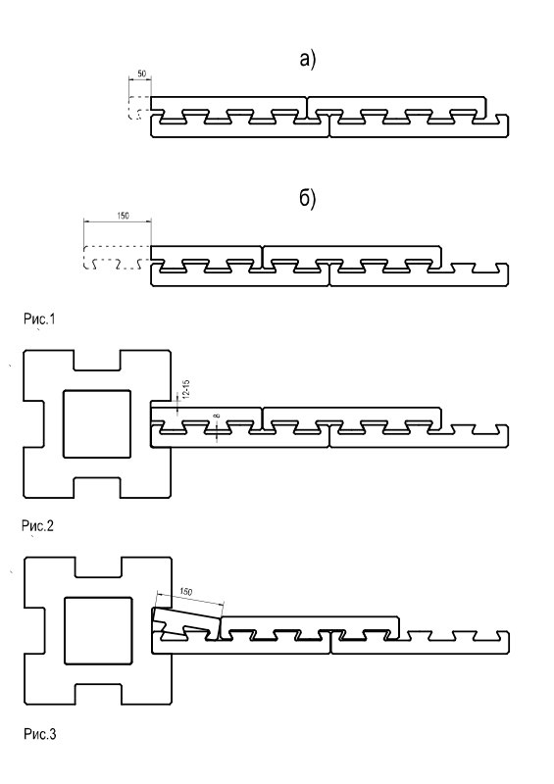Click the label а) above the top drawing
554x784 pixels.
pyautogui.click(x=308, y=60)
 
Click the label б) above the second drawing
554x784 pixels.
pyautogui.click(x=308, y=199)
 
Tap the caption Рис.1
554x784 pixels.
pyautogui.click(x=39, y=318)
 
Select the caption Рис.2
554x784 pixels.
pyautogui.click(x=37, y=525)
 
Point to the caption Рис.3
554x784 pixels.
pyautogui.click(x=40, y=734)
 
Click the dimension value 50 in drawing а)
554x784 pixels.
pyautogui.click(x=141, y=73)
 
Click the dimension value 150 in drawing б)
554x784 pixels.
pyautogui.click(x=123, y=216)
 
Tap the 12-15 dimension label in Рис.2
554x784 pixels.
pyautogui.click(x=186, y=388)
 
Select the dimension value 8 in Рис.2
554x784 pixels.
pyautogui.click(x=217, y=416)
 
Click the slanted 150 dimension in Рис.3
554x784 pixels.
pyautogui.click(x=185, y=592)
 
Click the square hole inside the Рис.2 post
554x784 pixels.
pyautogui.click(x=97, y=424)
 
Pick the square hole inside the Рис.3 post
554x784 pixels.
pyautogui.click(x=99, y=630)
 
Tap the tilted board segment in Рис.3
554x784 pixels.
pyautogui.click(x=186, y=623)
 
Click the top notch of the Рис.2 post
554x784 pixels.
pyautogui.click(x=97, y=360)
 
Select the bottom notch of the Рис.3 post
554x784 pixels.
pyautogui.click(x=98, y=694)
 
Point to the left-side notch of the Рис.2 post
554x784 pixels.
pyautogui.click(x=33, y=424)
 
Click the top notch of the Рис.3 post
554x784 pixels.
pyautogui.click(x=98, y=566)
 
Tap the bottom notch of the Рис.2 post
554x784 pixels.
pyautogui.click(x=97, y=488)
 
